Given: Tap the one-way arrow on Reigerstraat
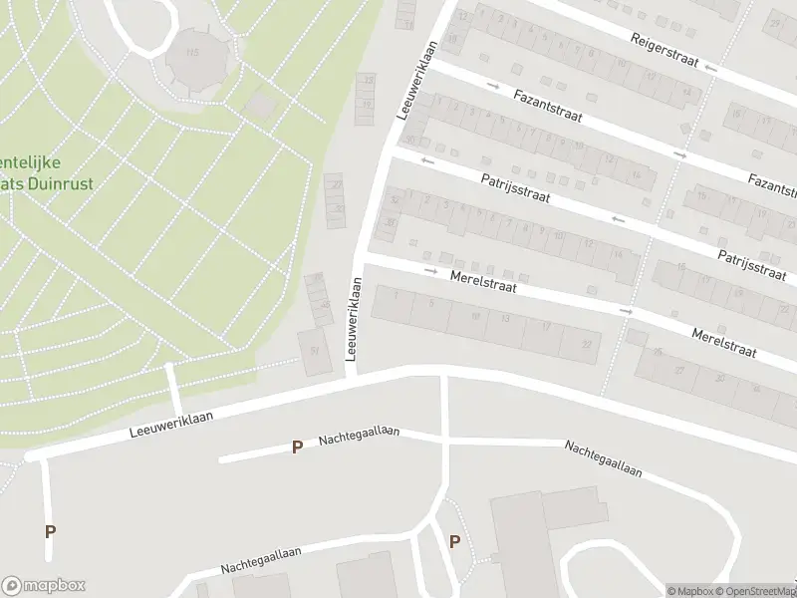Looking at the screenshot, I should click(x=710, y=68).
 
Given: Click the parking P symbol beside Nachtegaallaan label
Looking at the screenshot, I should click(x=296, y=448).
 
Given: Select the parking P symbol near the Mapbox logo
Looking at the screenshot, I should click(x=50, y=531).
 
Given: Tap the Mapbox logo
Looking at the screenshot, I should click(x=44, y=586).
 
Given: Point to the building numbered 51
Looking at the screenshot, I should click(x=316, y=350).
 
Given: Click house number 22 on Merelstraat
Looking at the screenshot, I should click(x=587, y=344).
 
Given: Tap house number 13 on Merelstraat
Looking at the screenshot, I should click(x=506, y=319).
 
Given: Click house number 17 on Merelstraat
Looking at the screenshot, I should click(x=546, y=327).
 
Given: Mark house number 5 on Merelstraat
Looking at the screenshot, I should click(x=430, y=303).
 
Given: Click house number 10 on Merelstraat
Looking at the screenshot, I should click(x=475, y=315).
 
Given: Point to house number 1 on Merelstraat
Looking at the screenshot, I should click(x=397, y=295).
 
